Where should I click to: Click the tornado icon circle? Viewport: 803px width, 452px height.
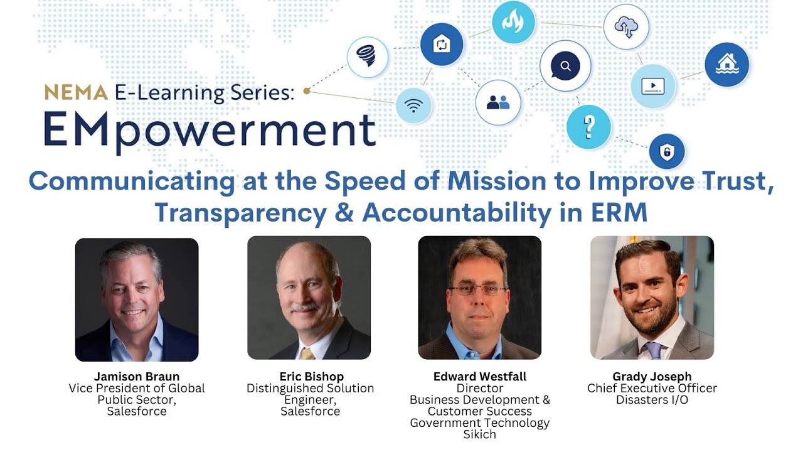(x=368, y=57)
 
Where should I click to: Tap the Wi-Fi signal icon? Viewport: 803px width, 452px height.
(x=413, y=105)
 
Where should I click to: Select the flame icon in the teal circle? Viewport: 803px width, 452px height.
(x=513, y=23)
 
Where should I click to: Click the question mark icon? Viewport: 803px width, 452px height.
(x=588, y=127)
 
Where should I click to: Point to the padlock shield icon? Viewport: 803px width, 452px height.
(x=666, y=151)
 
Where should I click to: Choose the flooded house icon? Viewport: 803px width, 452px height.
(x=726, y=63)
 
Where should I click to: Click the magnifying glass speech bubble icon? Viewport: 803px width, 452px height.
(x=565, y=66)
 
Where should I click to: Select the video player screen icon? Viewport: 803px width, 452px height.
(x=653, y=85)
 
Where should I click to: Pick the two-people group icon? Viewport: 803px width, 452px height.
(x=498, y=102)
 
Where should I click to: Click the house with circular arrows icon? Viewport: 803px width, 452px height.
(x=442, y=45)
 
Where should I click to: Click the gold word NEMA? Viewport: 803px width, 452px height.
(x=76, y=92)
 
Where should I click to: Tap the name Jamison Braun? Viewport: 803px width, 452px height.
(x=137, y=377)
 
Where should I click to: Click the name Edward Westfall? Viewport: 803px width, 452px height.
(x=480, y=377)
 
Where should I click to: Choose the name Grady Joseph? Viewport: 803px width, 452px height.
(x=652, y=377)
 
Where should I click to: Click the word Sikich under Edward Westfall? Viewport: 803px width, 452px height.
(x=480, y=434)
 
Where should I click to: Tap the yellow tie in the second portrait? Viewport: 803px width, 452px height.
(x=307, y=353)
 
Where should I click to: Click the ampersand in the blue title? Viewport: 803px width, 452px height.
(x=344, y=213)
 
